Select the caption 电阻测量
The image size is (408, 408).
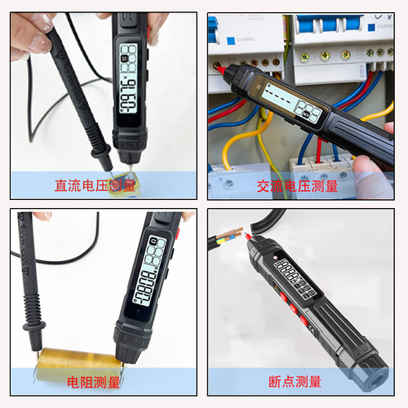(x=93, y=381)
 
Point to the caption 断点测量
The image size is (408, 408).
(x=295, y=381)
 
